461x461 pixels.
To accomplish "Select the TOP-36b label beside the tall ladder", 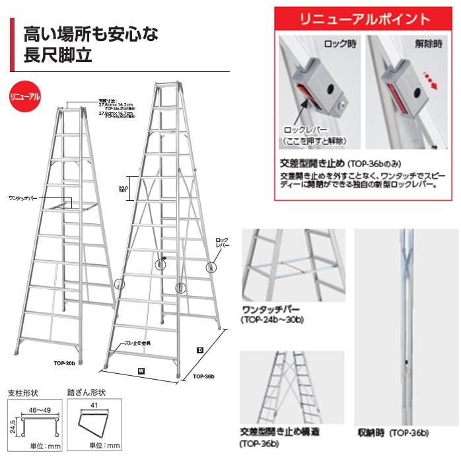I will coord(205,376).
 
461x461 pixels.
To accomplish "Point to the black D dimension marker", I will coord(199,349).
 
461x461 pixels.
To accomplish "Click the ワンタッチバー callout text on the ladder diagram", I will coord(23,197).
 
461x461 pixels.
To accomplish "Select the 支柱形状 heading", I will coord(26,392).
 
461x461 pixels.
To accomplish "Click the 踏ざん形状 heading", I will coord(87,392).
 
